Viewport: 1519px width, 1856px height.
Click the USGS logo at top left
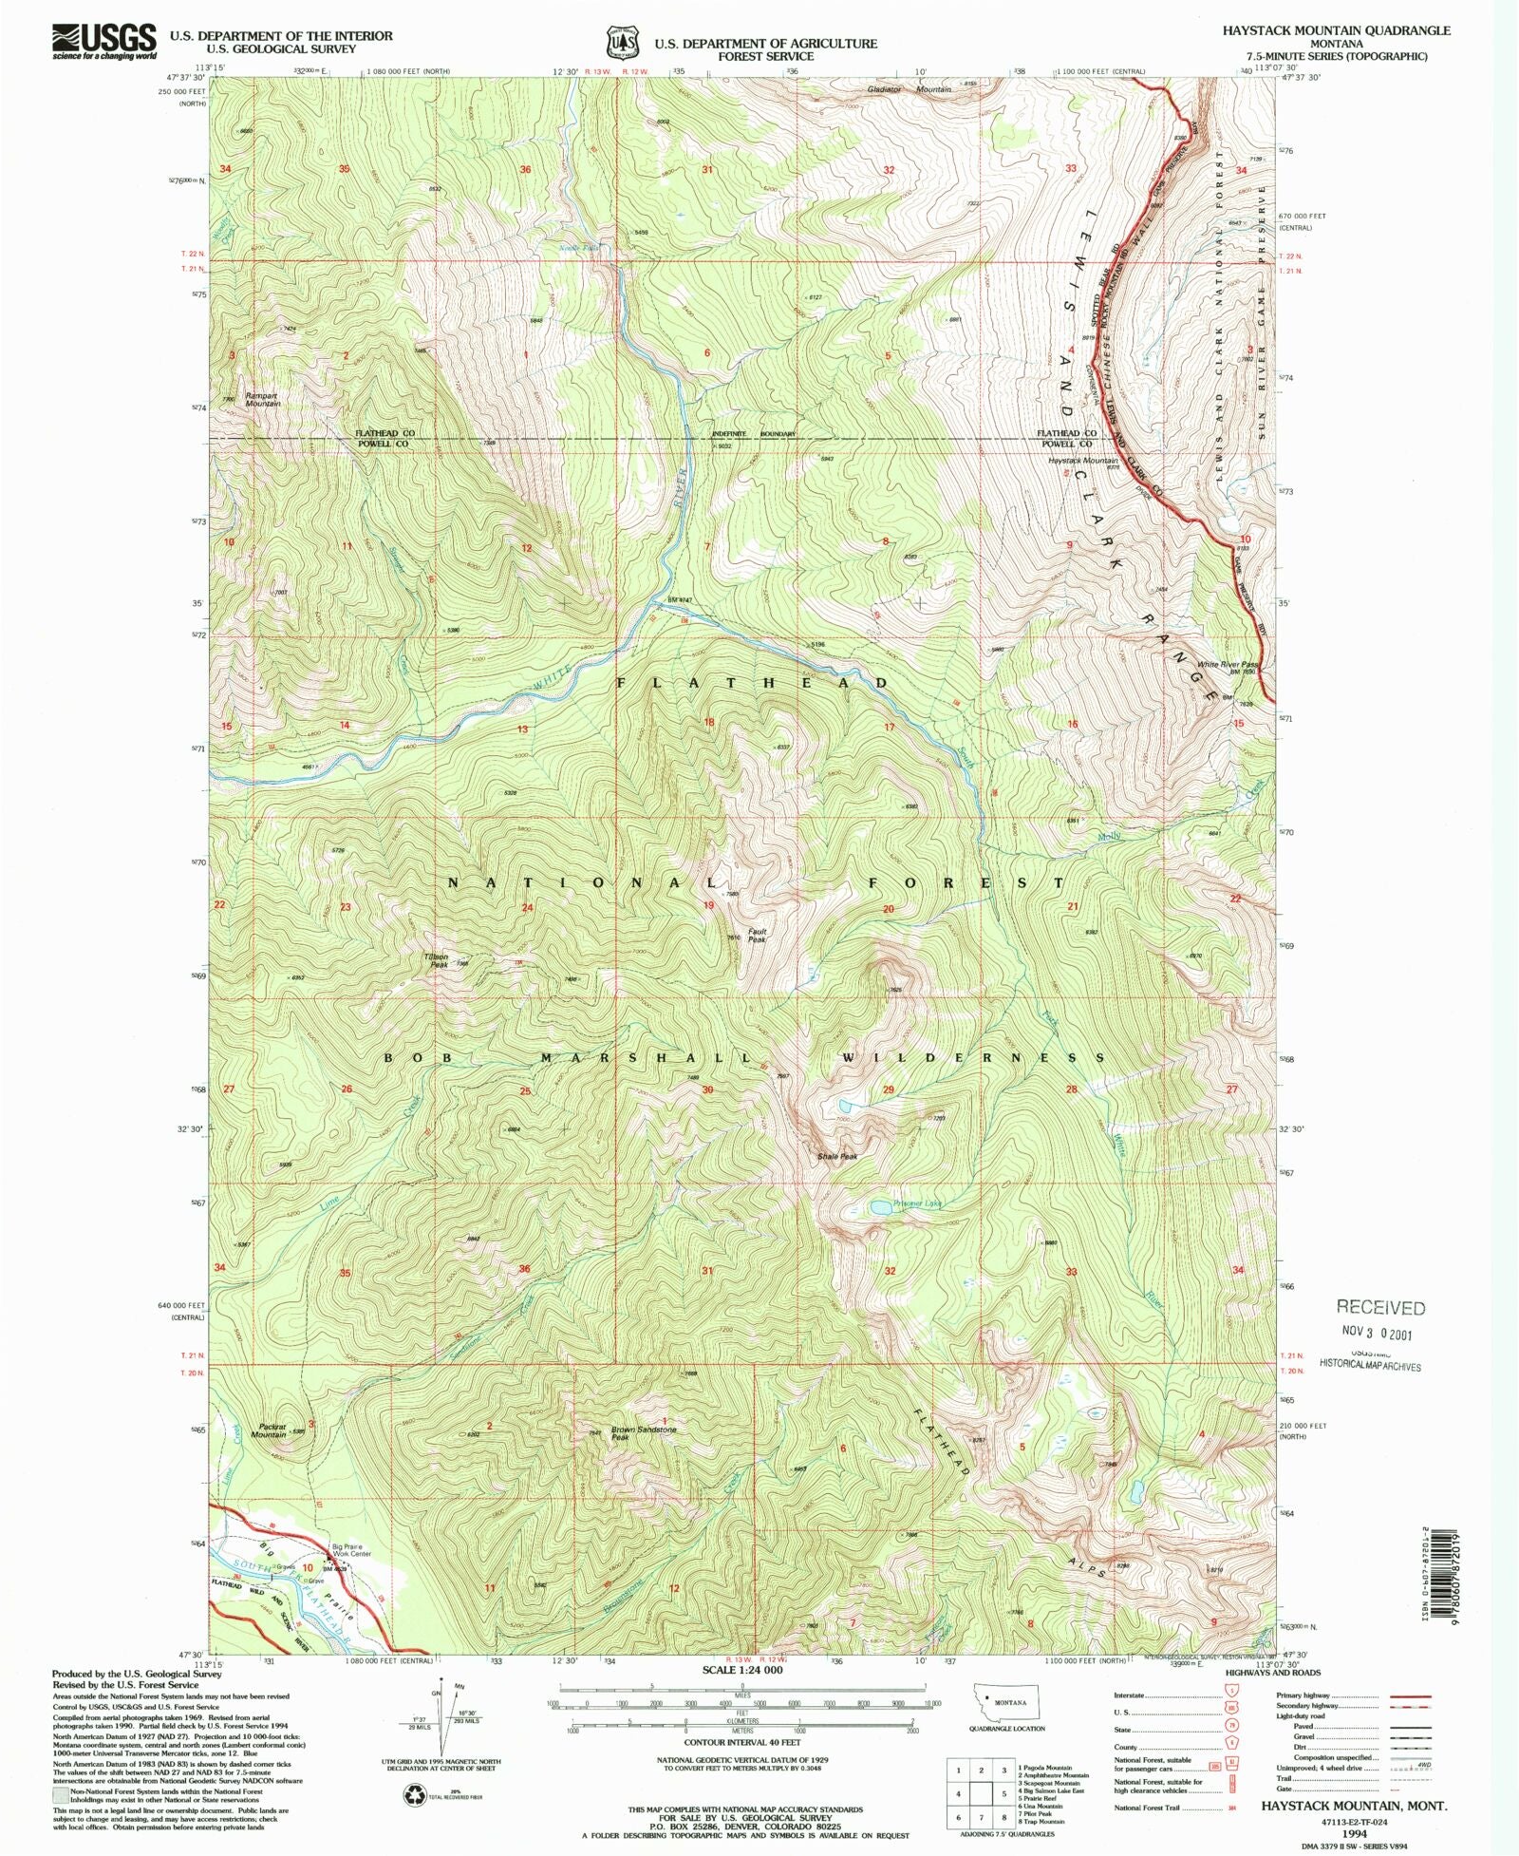pyautogui.click(x=104, y=41)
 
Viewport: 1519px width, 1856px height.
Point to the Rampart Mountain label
pyautogui.click(x=262, y=400)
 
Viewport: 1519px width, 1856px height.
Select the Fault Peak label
pyautogui.click(x=757, y=935)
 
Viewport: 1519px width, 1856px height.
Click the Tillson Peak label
pyautogui.click(x=437, y=960)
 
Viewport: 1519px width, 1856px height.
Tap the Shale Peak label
pyautogui.click(x=837, y=1157)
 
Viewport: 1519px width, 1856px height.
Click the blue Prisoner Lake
pyautogui.click(x=880, y=1207)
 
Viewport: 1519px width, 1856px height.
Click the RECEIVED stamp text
pyautogui.click(x=1380, y=1308)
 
